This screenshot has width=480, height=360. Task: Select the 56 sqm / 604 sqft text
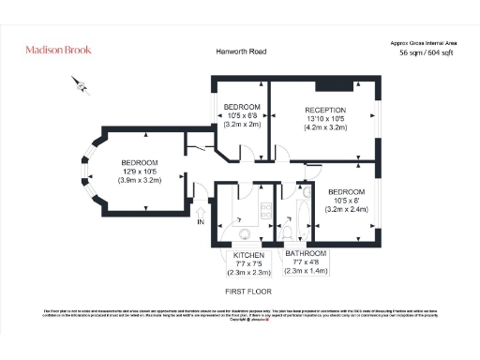click(427, 54)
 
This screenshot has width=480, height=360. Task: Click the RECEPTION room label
click(325, 110)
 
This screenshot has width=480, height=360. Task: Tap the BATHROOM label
click(306, 255)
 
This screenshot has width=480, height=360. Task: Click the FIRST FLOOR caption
click(247, 292)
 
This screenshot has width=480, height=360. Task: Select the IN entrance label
click(200, 222)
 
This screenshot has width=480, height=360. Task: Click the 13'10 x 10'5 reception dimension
click(325, 119)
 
